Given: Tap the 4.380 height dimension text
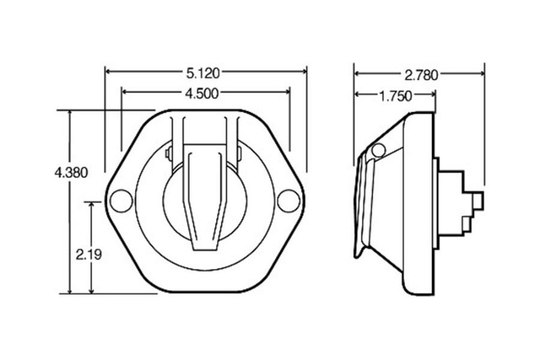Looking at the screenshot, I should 71,173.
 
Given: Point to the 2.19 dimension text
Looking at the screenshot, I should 89,254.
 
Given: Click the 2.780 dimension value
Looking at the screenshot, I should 421,74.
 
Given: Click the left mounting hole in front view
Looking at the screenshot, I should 121,200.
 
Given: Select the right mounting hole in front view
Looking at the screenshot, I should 288,200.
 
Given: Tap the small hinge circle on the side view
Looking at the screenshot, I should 378,150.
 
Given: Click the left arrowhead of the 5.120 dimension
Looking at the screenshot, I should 109,71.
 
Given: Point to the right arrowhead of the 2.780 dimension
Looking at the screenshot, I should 481,74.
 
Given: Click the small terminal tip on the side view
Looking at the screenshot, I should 478,201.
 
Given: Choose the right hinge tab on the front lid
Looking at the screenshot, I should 239,154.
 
